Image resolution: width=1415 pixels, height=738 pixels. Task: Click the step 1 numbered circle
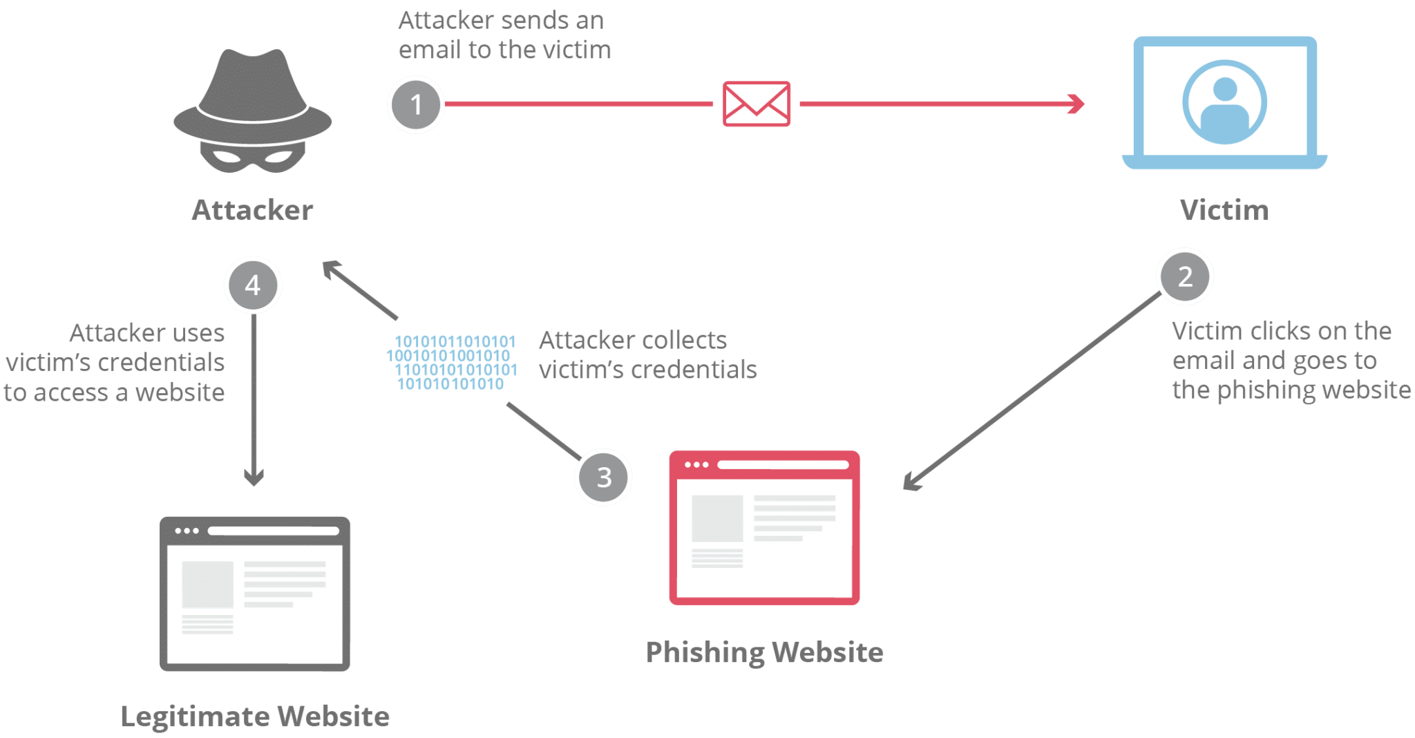click(415, 105)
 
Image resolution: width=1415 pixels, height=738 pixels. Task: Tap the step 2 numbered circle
click(1185, 276)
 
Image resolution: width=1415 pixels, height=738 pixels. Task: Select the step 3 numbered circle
click(603, 477)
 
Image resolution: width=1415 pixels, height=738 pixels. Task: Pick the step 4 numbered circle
click(253, 285)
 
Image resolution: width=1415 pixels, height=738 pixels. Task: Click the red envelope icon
click(757, 104)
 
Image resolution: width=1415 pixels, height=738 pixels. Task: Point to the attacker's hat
click(252, 93)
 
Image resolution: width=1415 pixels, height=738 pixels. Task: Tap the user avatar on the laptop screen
click(1224, 103)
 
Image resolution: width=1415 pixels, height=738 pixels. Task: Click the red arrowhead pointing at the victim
click(1076, 104)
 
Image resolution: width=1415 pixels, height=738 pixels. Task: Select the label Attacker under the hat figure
click(252, 211)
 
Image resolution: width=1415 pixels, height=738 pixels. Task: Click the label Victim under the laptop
click(1224, 211)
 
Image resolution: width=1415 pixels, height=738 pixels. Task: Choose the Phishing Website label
click(764, 652)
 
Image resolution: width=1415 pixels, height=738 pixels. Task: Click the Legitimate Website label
click(255, 717)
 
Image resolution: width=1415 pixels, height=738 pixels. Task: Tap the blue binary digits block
click(453, 363)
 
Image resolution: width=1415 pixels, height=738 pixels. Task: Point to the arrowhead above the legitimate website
click(254, 478)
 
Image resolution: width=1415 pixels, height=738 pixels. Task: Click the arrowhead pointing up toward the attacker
click(333, 269)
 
